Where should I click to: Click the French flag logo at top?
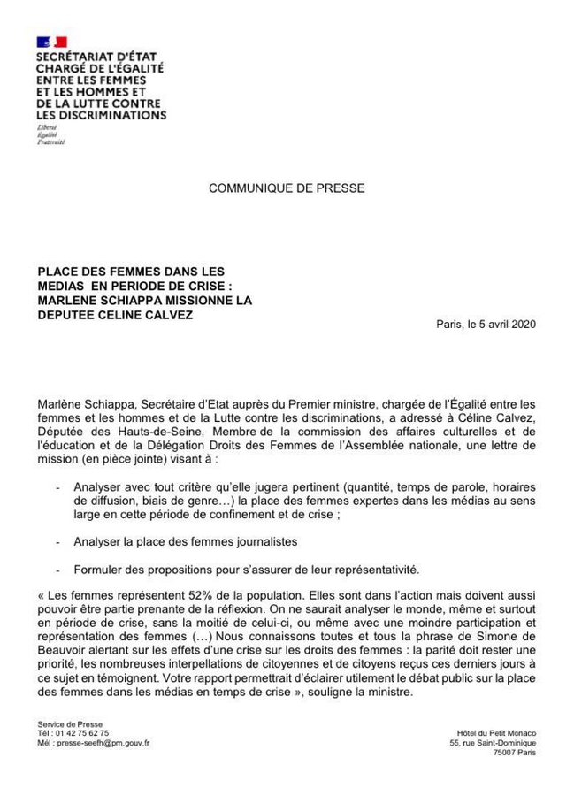51,42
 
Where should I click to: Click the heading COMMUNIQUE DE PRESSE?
286,188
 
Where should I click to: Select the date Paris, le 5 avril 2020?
486,324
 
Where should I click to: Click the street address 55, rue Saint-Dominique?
493,744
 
